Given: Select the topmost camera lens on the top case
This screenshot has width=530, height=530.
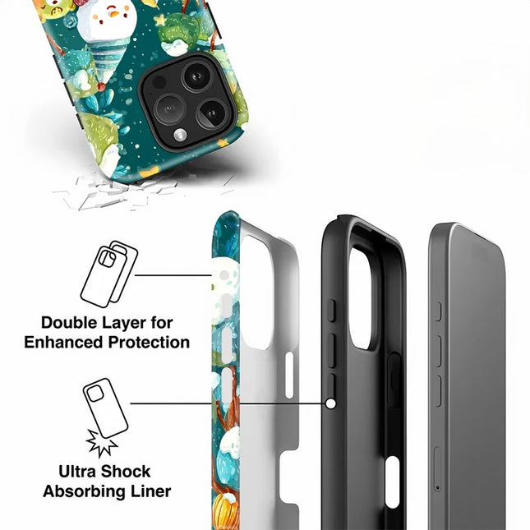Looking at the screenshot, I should point(196,77).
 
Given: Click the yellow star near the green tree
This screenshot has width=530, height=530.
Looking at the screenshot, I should point(159,20).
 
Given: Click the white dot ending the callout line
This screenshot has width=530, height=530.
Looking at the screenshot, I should point(330,403).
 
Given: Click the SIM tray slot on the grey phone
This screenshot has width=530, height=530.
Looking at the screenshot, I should point(436,469).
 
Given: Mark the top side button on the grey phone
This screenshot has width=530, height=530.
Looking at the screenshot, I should point(438,311).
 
